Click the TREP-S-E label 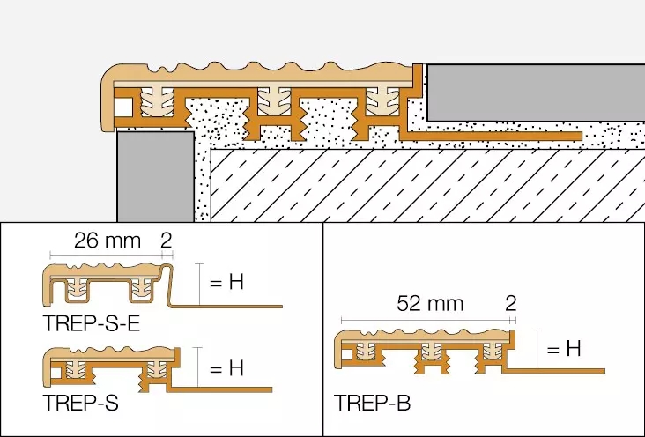click(x=92, y=323)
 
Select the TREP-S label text click(x=81, y=403)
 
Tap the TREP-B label click(x=372, y=403)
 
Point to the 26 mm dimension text click(x=107, y=241)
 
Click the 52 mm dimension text click(x=430, y=304)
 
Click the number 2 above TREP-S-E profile click(x=167, y=241)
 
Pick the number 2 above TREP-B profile click(x=510, y=303)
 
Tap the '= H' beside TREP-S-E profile click(x=226, y=282)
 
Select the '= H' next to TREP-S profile click(x=226, y=367)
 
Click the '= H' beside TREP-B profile click(x=564, y=349)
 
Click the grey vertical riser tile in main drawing click(x=156, y=176)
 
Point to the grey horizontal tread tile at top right click(x=536, y=93)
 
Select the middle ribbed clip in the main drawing click(x=274, y=101)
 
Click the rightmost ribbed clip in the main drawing click(x=383, y=101)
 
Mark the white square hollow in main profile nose click(x=123, y=107)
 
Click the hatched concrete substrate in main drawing click(x=428, y=186)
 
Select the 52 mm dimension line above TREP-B click(x=426, y=320)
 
